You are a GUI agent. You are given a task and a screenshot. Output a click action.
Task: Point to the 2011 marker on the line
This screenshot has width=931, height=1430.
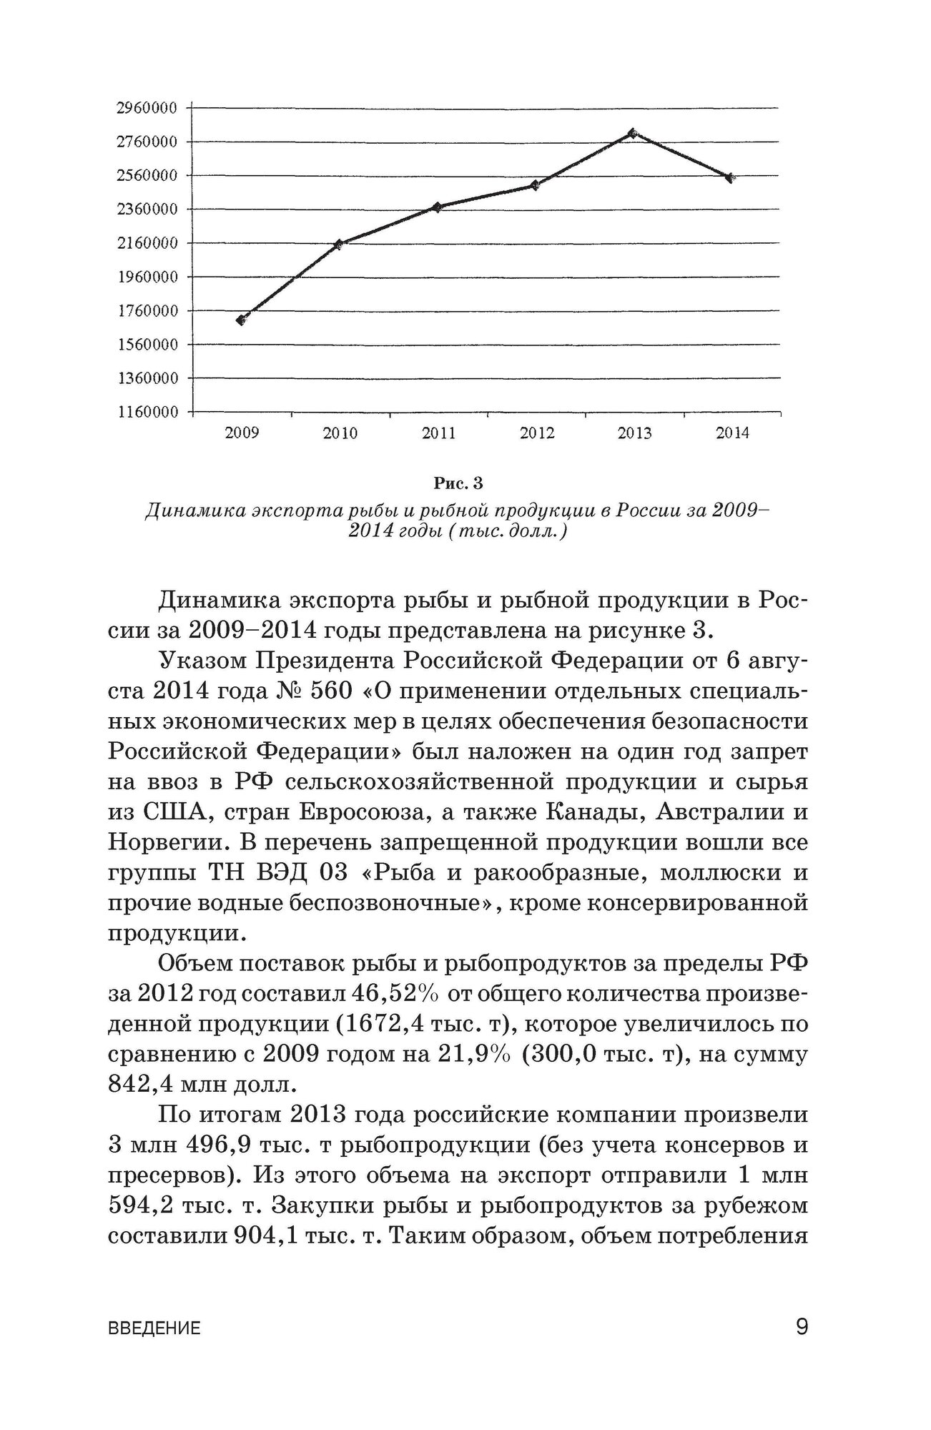pos(437,207)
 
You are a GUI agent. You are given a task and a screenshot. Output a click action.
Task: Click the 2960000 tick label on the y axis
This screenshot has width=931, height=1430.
pos(147,108)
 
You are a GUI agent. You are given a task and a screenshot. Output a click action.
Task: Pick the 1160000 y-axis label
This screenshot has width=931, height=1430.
pos(147,413)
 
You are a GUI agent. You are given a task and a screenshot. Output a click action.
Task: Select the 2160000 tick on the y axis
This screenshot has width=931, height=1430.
pos(147,243)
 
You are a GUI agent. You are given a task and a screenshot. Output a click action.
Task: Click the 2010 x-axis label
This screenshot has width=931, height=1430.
pos(340,433)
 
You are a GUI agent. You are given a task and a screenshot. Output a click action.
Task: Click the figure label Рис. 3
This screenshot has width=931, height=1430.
pos(458,484)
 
